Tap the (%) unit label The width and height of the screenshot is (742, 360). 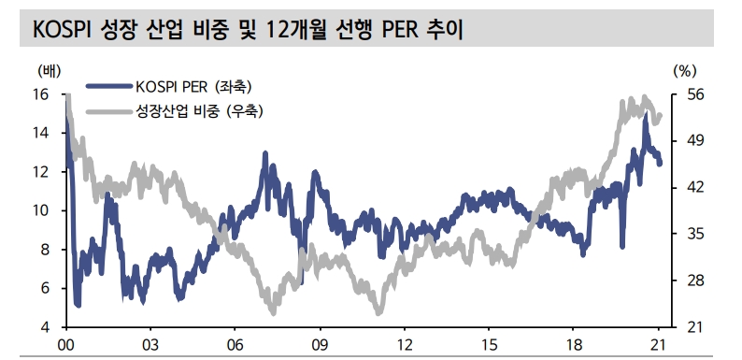(x=685, y=71)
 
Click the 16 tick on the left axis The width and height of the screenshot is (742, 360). (x=41, y=94)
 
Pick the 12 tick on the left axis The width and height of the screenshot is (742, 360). (x=41, y=172)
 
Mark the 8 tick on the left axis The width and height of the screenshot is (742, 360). (x=45, y=250)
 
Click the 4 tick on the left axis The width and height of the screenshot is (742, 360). (x=45, y=327)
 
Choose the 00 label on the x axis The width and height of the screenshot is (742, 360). (x=65, y=344)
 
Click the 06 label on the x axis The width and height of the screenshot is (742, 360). (x=235, y=344)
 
